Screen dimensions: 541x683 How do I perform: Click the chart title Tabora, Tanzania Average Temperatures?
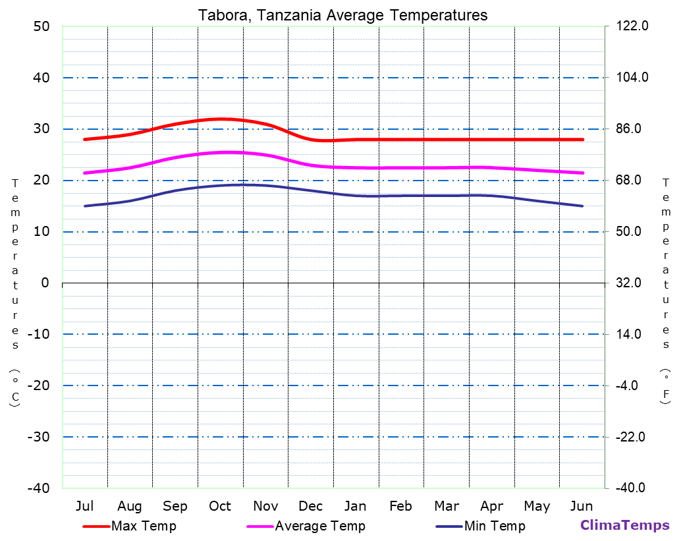pyautogui.click(x=342, y=15)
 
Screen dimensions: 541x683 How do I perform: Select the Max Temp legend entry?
pyautogui.click(x=144, y=526)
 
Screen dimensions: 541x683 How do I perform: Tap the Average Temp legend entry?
pyautogui.click(x=319, y=526)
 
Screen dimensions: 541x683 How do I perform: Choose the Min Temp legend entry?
pyautogui.click(x=494, y=526)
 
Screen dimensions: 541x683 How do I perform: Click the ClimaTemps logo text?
pyautogui.click(x=624, y=525)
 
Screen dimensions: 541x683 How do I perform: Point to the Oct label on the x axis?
pyautogui.click(x=220, y=506)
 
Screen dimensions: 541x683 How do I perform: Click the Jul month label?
pyautogui.click(x=84, y=506)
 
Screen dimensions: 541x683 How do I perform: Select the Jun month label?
pyautogui.click(x=582, y=506)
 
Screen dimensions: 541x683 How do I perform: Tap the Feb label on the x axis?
pyautogui.click(x=400, y=506)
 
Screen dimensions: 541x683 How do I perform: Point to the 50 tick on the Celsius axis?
pyautogui.click(x=41, y=26)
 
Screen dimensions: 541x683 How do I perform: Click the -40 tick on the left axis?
pyautogui.click(x=37, y=488)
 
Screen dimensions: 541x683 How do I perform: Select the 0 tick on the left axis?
pyautogui.click(x=45, y=283)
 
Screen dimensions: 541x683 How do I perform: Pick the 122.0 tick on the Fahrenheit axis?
pyautogui.click(x=633, y=26)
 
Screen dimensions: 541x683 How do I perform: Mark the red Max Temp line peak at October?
pyautogui.click(x=220, y=119)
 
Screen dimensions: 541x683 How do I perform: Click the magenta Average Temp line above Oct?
pyautogui.click(x=220, y=152)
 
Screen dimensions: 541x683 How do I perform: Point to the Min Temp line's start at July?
pyautogui.click(x=85, y=206)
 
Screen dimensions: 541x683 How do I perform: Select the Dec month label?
pyautogui.click(x=310, y=506)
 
